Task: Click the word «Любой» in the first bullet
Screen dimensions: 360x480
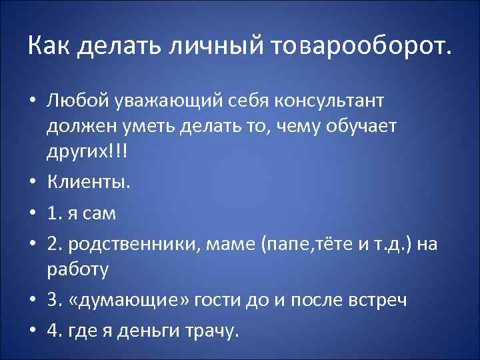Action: pyautogui.click(x=74, y=101)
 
